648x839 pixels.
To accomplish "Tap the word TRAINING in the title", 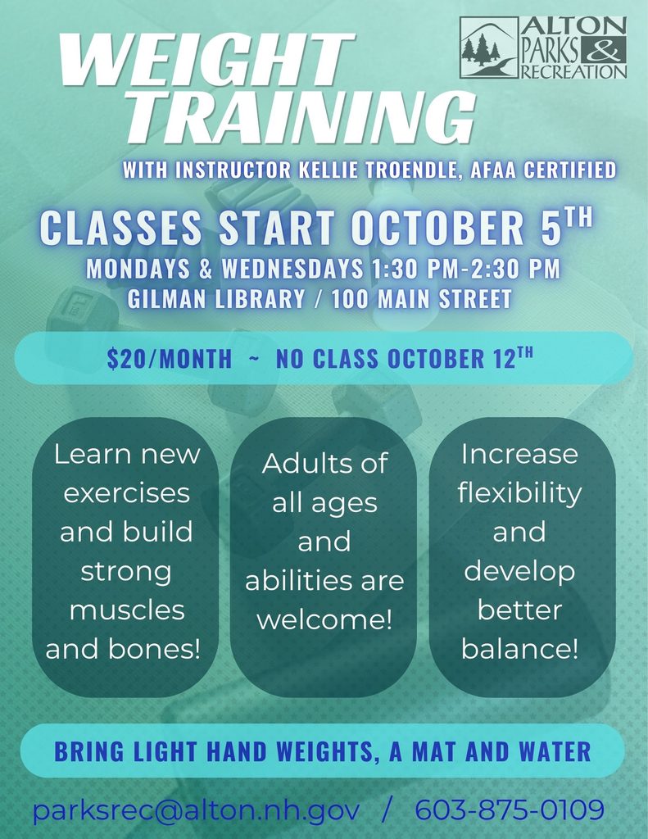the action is [x=301, y=117].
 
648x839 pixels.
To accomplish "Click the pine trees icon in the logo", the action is [x=481, y=49].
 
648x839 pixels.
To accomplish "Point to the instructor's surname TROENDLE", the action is [x=411, y=170].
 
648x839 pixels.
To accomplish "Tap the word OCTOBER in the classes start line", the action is [x=437, y=228].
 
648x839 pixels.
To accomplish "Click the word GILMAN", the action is [x=167, y=298].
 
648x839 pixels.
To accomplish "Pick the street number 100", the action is [x=350, y=298].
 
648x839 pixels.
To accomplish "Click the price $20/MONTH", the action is [x=169, y=359].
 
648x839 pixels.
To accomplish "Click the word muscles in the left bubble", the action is [x=127, y=610].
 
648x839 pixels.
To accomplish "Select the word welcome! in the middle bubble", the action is [x=324, y=619].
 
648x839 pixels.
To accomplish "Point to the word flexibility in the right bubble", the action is [x=519, y=492].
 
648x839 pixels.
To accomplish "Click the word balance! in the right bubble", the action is [x=519, y=649].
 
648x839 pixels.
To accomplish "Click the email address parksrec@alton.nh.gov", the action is [x=196, y=810].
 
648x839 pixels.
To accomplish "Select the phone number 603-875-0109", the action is [x=510, y=810].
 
